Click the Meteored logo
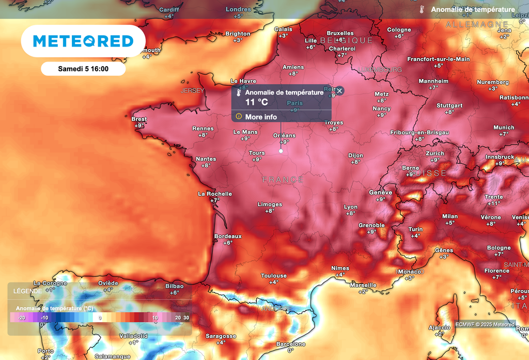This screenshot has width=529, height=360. (83, 41)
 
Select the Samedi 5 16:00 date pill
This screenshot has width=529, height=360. (83, 69)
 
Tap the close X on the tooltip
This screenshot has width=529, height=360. (339, 91)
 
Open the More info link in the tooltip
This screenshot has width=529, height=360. (261, 117)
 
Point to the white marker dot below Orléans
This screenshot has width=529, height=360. (281, 151)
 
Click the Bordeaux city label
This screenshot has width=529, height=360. (227, 236)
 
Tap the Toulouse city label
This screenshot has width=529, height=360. (274, 276)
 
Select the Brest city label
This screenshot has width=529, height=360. (139, 119)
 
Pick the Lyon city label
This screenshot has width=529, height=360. (350, 207)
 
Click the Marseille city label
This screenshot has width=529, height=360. (363, 285)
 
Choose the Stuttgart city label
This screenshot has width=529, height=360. (449, 105)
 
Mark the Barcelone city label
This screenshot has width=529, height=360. (291, 344)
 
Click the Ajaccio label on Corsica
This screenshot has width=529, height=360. (439, 328)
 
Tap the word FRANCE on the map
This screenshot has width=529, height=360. (283, 179)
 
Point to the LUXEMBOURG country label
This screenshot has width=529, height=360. (380, 69)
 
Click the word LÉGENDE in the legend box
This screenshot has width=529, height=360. (29, 291)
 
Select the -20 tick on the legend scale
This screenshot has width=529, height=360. (21, 318)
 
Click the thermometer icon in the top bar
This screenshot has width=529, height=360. (422, 9)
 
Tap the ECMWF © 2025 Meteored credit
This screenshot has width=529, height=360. (485, 324)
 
